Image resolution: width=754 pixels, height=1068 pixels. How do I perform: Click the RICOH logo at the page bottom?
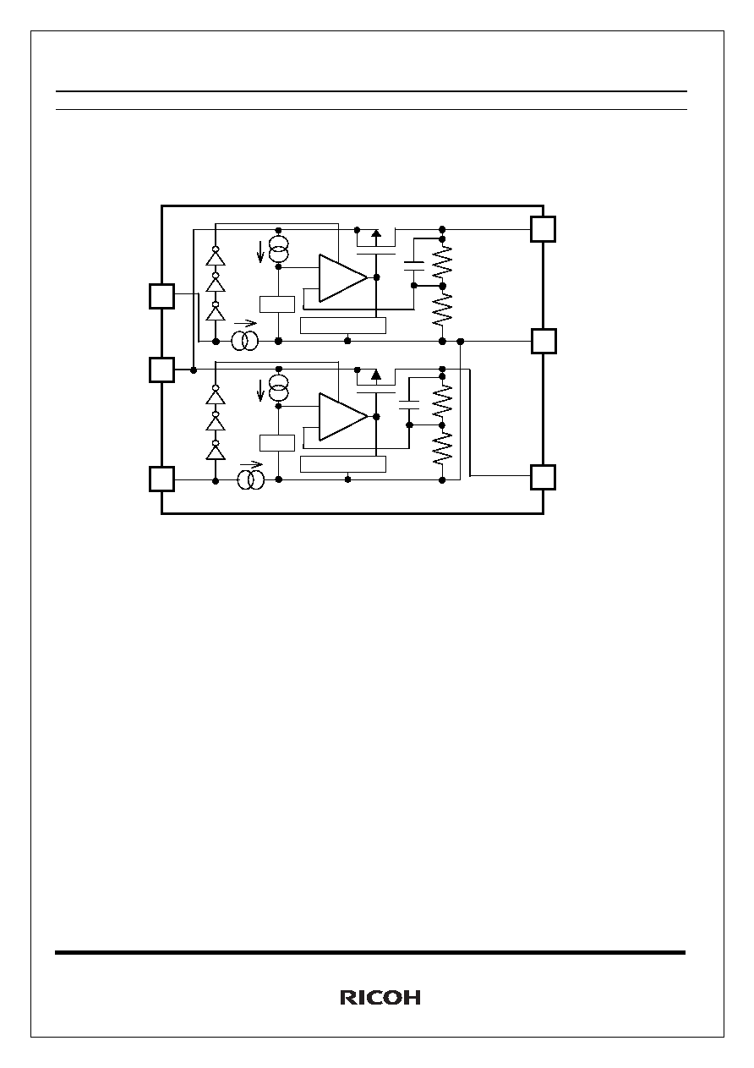coord(380,998)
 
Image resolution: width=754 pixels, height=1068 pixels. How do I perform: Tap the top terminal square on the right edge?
coord(544,229)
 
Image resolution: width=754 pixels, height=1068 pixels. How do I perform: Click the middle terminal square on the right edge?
coord(544,341)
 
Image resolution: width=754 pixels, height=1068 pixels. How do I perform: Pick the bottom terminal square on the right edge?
coord(544,477)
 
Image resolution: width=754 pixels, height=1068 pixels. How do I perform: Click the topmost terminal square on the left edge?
coord(161,296)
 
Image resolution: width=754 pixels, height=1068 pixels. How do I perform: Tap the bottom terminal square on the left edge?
coord(161,479)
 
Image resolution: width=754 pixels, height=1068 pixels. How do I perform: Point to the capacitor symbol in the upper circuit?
coord(413,266)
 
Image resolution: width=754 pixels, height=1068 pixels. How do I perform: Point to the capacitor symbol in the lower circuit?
coord(409,405)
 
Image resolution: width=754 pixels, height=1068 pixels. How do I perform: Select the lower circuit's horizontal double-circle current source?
coord(251,479)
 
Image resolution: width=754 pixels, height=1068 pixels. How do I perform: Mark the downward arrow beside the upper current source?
coord(260,252)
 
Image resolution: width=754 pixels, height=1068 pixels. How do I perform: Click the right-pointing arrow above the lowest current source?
coord(251,464)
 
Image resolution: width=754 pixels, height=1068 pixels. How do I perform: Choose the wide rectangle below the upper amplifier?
coord(343,326)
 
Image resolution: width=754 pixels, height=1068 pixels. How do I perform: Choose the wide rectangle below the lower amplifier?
coord(343,464)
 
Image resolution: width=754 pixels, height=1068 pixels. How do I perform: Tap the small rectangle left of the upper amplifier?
coord(277,304)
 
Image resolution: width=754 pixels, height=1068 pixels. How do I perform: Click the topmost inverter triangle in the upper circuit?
coord(216,258)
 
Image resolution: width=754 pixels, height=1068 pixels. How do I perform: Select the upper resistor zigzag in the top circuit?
coord(442,261)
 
